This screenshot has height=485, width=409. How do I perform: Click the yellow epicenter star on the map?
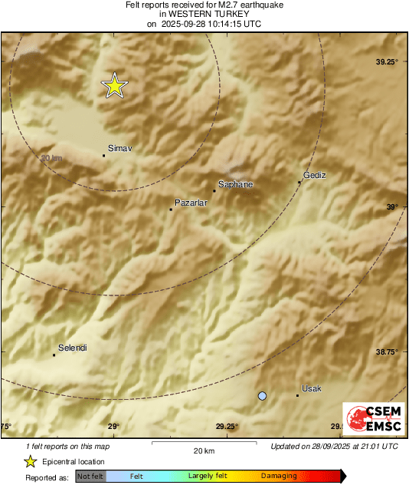pyautogui.click(x=114, y=86)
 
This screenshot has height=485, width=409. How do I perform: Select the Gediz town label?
pyautogui.click(x=315, y=175)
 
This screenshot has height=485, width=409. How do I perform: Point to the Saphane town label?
pyautogui.click(x=236, y=184)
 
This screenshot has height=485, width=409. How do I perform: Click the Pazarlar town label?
pyautogui.click(x=192, y=202)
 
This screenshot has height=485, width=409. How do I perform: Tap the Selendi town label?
pyautogui.click(x=73, y=348)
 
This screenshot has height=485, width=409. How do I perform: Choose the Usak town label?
pyautogui.click(x=312, y=388)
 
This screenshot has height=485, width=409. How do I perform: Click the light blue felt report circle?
pyautogui.click(x=263, y=395)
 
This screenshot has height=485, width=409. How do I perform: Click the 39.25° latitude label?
pyautogui.click(x=387, y=61)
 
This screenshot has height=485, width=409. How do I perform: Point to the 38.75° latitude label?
pyautogui.click(x=387, y=351)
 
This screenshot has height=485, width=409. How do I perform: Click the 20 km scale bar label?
pyautogui.click(x=203, y=450)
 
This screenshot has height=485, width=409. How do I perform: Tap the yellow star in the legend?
pyautogui.click(x=30, y=462)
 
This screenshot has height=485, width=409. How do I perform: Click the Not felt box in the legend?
pyautogui.click(x=90, y=477)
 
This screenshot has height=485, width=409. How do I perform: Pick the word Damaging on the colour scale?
pyautogui.click(x=279, y=477)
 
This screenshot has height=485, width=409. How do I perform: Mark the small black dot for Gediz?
pyautogui.click(x=299, y=182)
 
